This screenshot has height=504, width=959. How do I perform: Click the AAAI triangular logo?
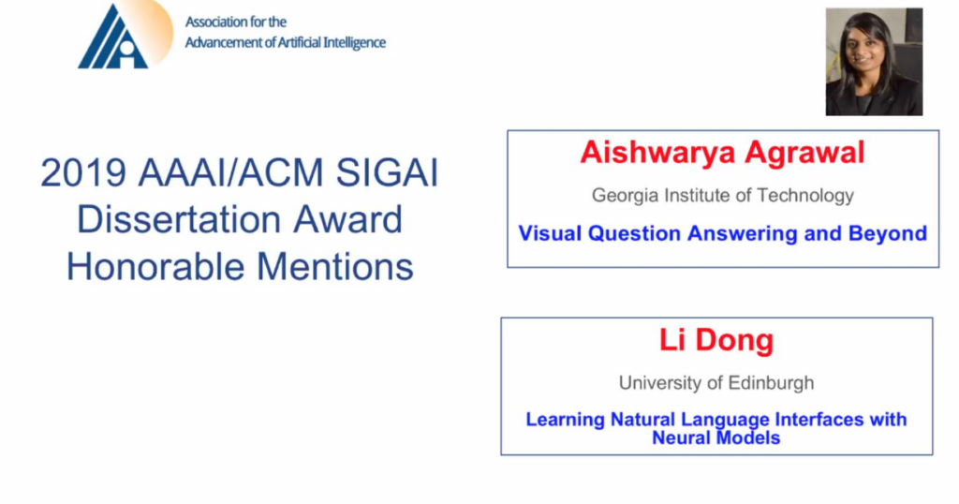(113, 37)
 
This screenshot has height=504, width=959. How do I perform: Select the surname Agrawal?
(804, 152)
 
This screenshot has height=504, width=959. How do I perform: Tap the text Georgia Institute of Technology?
(722, 195)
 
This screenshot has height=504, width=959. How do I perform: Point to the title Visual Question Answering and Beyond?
(722, 233)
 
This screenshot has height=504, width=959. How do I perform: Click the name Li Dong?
(716, 340)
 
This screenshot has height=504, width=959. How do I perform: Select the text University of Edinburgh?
(716, 382)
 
